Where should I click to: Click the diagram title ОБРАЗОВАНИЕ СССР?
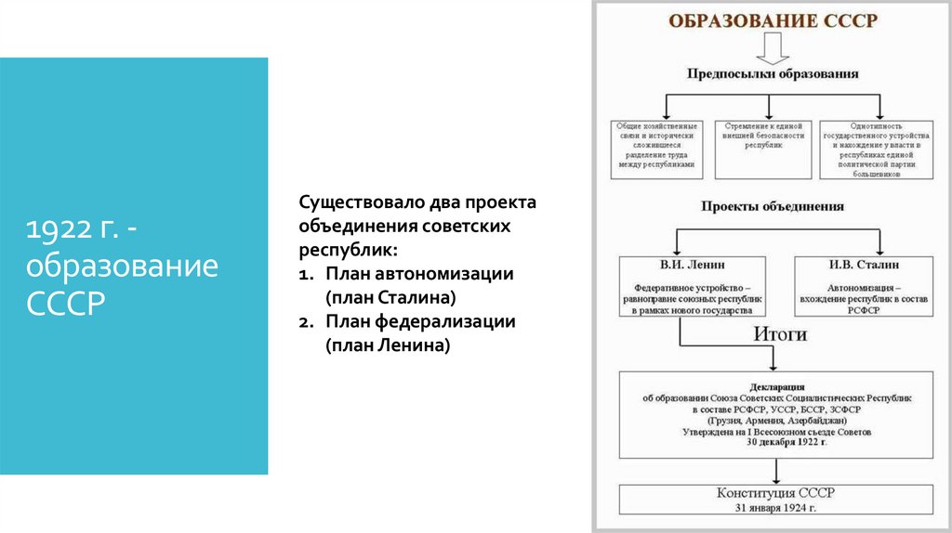click(x=772, y=21)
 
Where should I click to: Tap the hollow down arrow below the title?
click(x=772, y=49)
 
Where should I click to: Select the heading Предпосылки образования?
click(x=772, y=73)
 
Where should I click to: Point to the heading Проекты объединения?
click(x=772, y=206)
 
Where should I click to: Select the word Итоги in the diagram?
click(x=778, y=335)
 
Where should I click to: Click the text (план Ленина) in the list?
click(x=388, y=344)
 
